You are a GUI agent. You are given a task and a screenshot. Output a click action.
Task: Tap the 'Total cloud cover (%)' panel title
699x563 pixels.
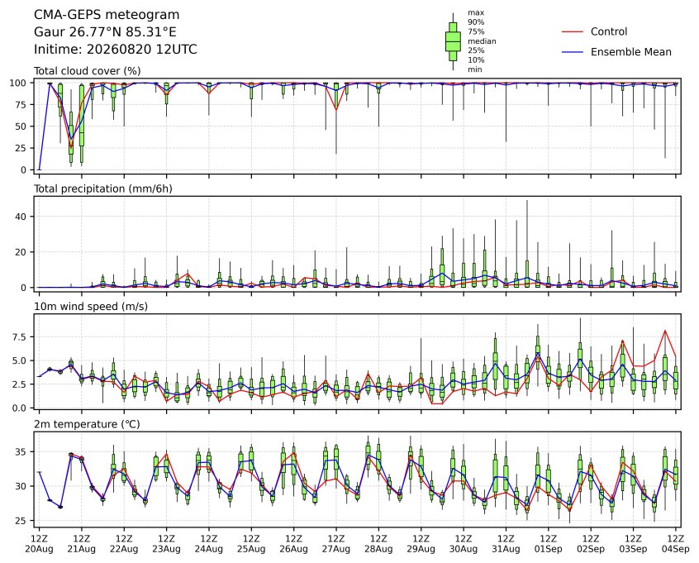88,71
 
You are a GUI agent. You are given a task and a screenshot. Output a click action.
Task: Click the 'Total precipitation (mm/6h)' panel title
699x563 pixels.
103,188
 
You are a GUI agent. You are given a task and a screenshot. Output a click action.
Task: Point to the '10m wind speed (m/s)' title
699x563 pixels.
91,307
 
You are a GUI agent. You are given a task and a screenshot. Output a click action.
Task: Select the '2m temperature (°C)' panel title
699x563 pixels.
87,424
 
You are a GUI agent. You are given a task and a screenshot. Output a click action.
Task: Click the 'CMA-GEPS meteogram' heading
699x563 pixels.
107,15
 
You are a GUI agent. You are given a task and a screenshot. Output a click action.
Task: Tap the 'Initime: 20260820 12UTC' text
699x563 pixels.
116,49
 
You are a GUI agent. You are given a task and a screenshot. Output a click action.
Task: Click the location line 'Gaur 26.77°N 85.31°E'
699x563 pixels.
105,32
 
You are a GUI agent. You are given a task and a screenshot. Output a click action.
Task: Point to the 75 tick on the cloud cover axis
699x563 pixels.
21,104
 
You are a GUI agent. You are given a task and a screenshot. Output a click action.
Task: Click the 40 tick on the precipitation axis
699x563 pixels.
21,217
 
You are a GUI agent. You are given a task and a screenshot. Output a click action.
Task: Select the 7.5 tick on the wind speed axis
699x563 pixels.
20,336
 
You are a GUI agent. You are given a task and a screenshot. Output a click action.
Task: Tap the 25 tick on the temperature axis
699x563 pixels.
21,521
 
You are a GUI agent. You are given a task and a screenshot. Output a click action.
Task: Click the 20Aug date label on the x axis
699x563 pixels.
39,549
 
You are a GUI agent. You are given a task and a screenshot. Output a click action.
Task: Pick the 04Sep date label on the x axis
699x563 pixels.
675,549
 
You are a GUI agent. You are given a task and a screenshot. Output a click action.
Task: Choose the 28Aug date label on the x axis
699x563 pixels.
378,549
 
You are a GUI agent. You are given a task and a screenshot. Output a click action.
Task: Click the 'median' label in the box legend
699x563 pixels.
482,41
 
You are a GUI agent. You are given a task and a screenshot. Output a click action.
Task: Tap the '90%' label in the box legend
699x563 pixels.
476,22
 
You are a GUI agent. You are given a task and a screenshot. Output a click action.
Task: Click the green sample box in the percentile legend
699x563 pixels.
453,41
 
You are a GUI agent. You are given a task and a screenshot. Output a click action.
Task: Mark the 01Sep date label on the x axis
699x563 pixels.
548,549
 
